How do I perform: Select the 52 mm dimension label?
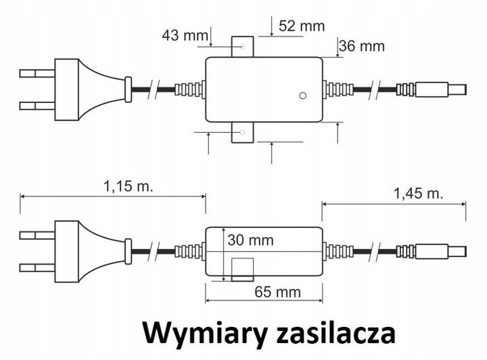click(x=301, y=26)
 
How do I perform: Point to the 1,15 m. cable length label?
click(x=128, y=186)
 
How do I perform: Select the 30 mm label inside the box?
click(x=251, y=240)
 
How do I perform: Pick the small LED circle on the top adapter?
click(x=303, y=95)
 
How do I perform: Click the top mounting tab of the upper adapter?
click(x=242, y=47)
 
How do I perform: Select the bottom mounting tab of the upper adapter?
click(x=242, y=133)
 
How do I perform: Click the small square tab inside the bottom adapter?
click(x=242, y=269)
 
